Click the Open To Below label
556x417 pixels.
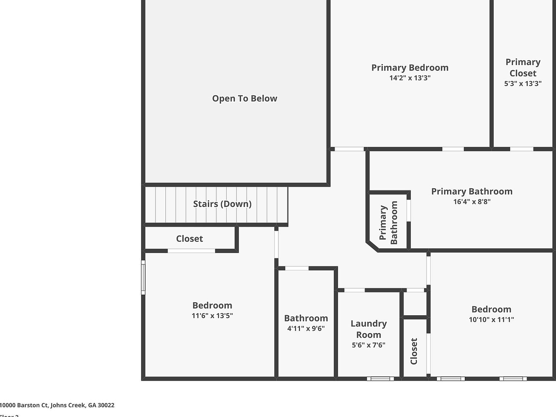(245, 98)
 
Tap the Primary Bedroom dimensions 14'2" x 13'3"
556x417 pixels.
(410, 78)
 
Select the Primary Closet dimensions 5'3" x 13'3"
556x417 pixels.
(523, 84)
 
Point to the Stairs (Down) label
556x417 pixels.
(222, 204)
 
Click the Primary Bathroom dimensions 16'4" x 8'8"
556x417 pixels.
(472, 202)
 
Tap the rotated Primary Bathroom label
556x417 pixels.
(388, 223)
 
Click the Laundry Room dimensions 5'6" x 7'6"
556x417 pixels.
(368, 345)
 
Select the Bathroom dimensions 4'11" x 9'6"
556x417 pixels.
(306, 328)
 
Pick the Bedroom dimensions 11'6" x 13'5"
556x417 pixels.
(212, 316)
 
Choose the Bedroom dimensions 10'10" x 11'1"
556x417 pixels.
(491, 320)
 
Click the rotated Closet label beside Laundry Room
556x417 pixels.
(414, 351)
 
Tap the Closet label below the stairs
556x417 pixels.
(189, 239)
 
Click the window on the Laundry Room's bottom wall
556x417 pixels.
(380, 379)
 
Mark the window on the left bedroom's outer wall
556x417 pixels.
(143, 277)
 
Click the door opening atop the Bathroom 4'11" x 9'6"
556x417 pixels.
(297, 268)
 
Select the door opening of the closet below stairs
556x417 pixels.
(191, 250)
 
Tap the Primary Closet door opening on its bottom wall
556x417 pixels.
(521, 149)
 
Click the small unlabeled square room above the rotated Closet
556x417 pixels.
(414, 304)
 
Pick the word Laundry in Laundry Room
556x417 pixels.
(368, 324)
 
